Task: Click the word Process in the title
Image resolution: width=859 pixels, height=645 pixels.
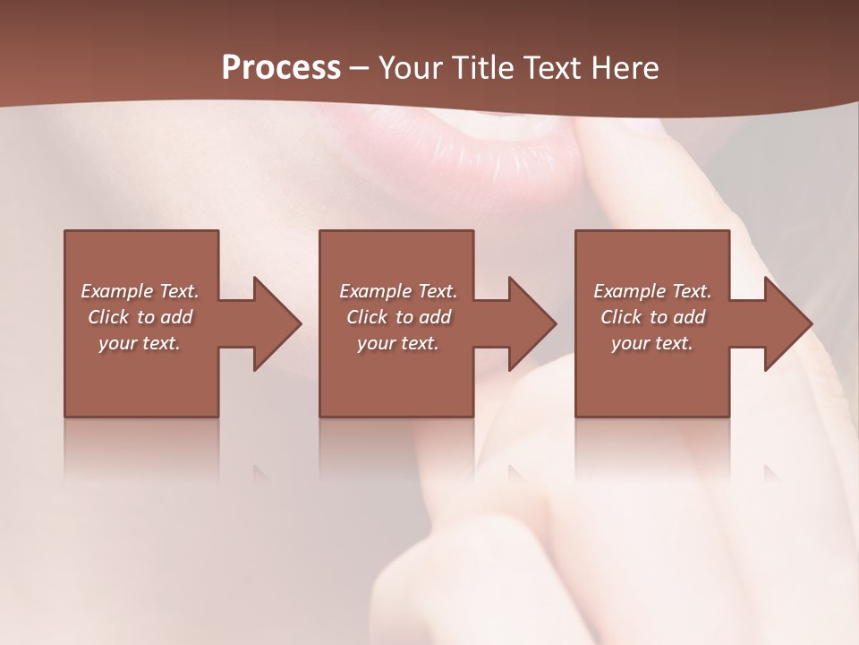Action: tap(281, 68)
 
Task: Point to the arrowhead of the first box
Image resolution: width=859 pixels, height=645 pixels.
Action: tap(273, 323)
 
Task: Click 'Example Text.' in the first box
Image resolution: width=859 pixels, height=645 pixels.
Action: tap(140, 291)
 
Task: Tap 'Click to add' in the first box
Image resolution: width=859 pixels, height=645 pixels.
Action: tap(140, 317)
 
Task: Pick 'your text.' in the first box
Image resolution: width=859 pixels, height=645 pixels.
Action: tap(140, 343)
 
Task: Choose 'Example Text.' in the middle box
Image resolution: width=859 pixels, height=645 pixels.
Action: tap(398, 291)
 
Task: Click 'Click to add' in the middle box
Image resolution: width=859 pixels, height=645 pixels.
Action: tap(398, 317)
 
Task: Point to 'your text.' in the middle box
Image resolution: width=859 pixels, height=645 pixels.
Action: tap(398, 343)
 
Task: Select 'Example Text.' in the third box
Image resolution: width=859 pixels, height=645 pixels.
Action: tap(652, 291)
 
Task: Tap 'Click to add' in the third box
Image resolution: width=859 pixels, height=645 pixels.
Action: tap(652, 317)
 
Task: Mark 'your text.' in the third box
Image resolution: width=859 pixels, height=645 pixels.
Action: tap(652, 343)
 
